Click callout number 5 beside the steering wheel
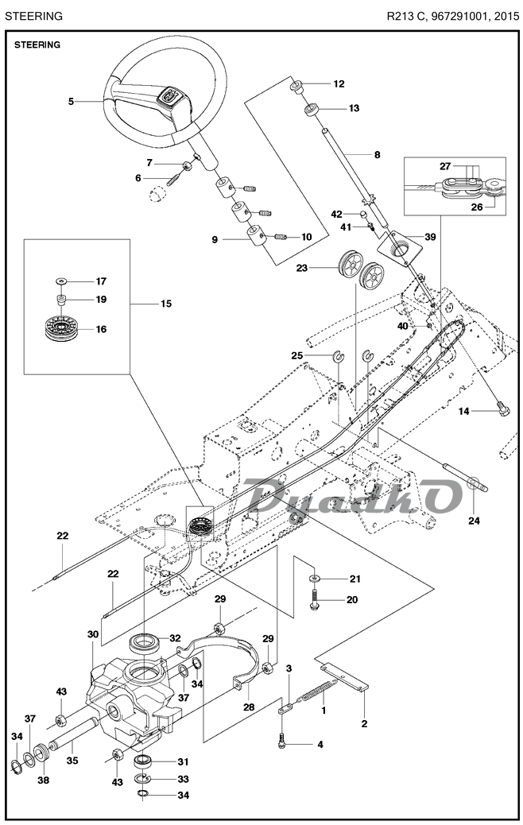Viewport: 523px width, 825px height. [71, 101]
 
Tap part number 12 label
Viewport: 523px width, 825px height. [338, 83]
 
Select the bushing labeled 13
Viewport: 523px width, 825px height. [312, 107]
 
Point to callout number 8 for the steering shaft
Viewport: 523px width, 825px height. [377, 153]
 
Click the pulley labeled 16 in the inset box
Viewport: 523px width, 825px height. [62, 328]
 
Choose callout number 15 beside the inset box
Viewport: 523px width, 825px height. [165, 304]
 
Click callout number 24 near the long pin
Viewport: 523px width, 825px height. [474, 521]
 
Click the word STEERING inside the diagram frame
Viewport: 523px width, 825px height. [37, 45]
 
